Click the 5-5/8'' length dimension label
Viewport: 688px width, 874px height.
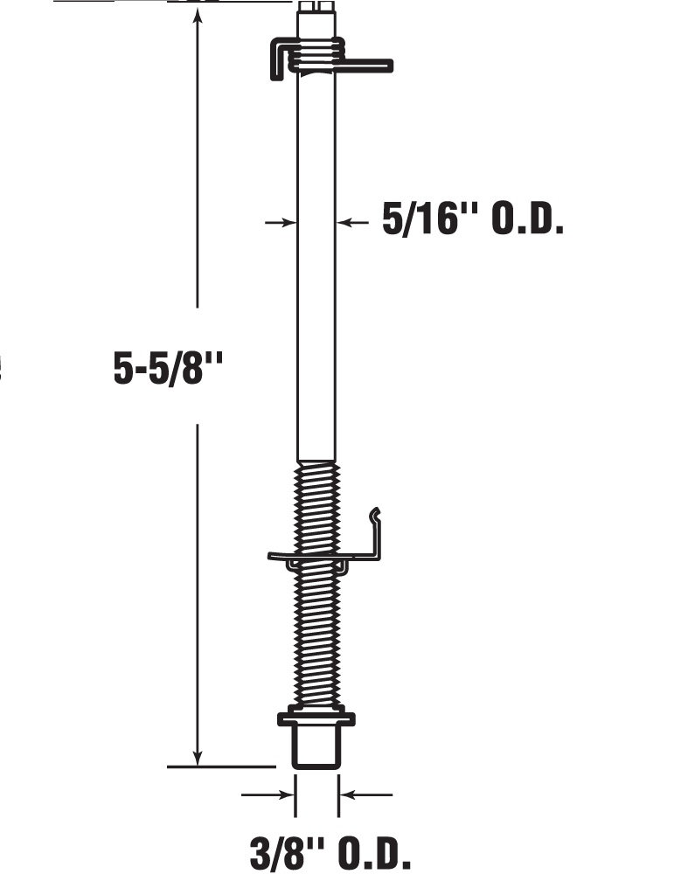coord(169,368)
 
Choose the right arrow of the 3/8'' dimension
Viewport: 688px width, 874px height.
coord(351,794)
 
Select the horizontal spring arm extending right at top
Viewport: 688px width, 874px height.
coord(367,65)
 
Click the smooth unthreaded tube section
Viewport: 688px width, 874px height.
coord(316,262)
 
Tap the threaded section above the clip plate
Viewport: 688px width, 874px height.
coord(316,507)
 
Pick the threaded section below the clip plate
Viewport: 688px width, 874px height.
coord(316,638)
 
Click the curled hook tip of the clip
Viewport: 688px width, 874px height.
coord(375,513)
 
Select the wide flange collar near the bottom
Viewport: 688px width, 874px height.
coord(316,720)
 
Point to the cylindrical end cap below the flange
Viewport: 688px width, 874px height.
coord(316,747)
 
